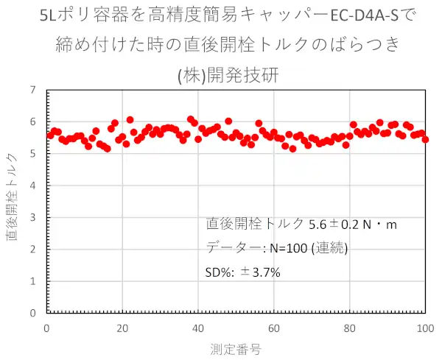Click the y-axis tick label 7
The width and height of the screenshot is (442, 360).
pos(32,91)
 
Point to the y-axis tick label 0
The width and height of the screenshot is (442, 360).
pos(32,313)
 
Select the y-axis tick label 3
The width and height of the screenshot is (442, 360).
pos(32,218)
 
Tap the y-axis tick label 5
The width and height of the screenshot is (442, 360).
pos(32,154)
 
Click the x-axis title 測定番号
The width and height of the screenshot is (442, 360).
pos(236,347)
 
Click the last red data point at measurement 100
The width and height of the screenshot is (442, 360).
pos(425,139)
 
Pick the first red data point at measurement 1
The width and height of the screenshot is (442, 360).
pos(50,135)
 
